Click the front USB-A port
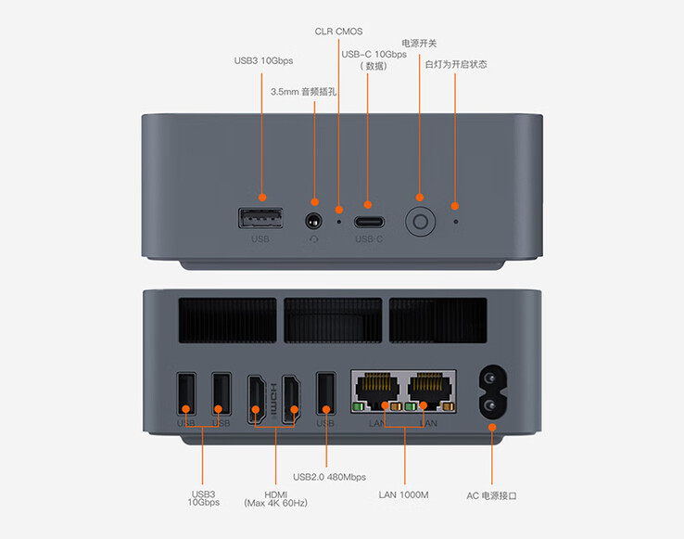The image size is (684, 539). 260,219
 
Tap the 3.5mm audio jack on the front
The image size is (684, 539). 313,222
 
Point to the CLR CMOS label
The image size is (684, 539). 339,32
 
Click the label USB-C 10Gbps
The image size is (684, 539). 374,54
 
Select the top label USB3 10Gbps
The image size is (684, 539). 263,61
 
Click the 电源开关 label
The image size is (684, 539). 419,43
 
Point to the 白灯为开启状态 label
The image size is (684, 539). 455,64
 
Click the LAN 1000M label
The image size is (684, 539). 404,494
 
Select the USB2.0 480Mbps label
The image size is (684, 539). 329,477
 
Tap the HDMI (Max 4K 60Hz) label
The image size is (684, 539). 275,497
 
